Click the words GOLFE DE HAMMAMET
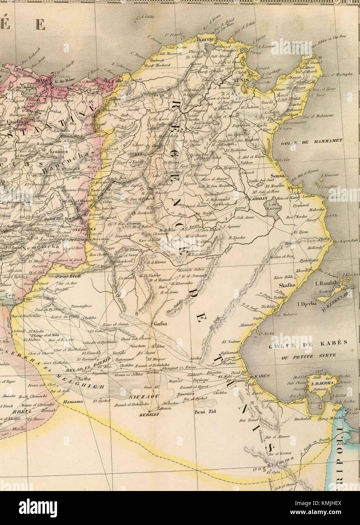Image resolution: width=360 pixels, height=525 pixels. (312, 141)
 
